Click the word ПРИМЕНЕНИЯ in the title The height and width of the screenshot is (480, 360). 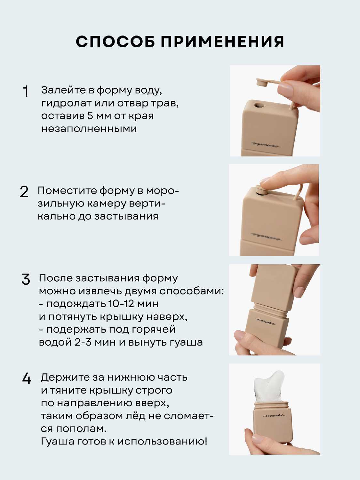point(222,42)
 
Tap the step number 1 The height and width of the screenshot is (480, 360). point(26,91)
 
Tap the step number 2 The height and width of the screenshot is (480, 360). point(24,192)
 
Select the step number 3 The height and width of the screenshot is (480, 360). point(26,279)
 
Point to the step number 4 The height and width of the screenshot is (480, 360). point(27,379)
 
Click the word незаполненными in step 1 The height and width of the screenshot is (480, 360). point(89,129)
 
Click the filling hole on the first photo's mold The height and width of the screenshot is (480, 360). point(258,105)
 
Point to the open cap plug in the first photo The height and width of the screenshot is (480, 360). point(262,83)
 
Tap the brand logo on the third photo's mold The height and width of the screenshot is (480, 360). point(265,321)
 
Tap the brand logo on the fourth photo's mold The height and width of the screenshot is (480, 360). point(273,415)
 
